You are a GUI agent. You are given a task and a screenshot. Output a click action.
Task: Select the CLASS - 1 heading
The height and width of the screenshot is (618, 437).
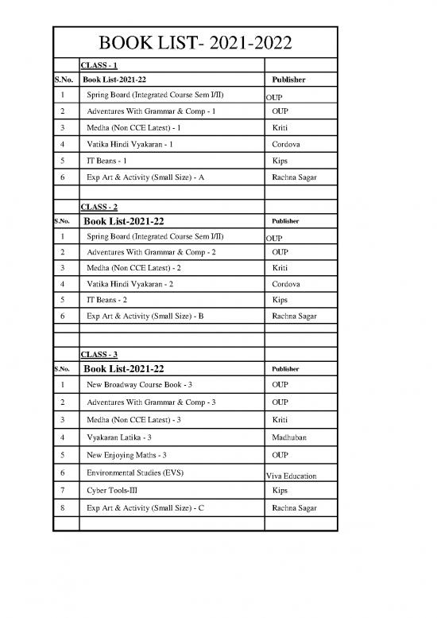coord(99,65)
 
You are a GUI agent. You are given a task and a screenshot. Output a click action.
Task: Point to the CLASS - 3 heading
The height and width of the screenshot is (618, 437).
coord(99,354)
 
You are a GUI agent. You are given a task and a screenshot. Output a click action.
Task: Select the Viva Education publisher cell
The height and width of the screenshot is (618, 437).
coord(291,476)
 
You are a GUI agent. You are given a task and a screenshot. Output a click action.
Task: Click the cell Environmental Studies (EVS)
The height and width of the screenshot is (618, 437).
coord(135,472)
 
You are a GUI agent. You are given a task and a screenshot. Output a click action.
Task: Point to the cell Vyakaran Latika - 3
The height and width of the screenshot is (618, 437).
coord(119,437)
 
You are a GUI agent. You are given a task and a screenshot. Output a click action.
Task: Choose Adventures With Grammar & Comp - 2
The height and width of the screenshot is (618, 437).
coord(151,252)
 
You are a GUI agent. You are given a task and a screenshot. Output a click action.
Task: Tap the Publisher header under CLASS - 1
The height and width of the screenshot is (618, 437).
coord(288,80)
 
